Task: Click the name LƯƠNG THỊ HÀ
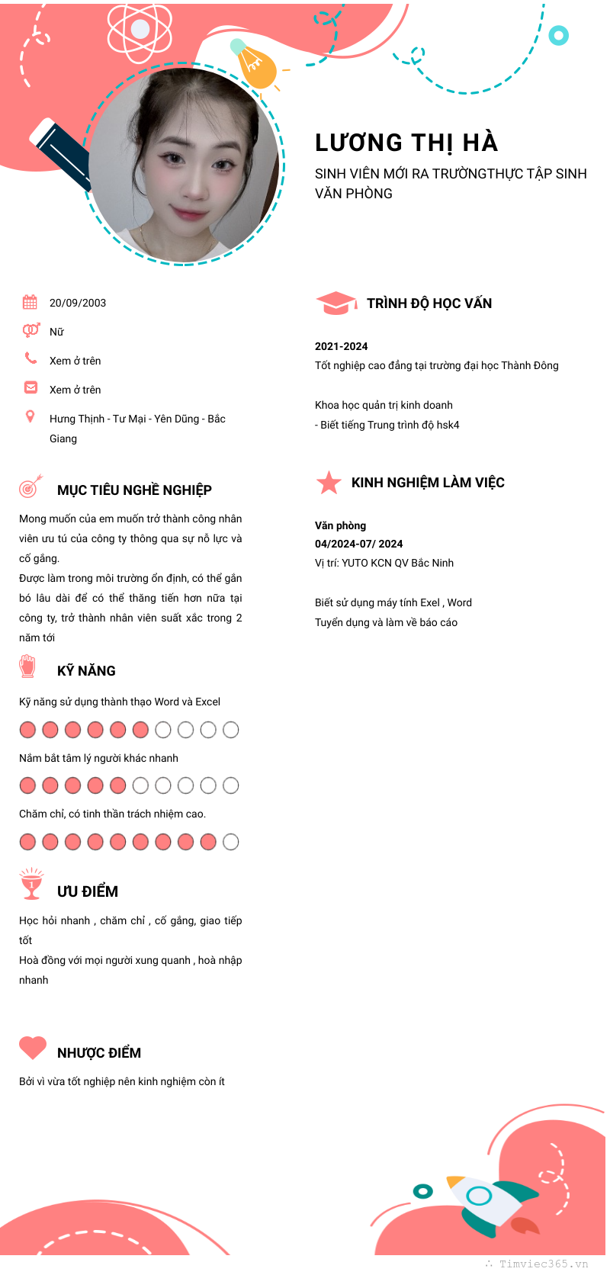406,143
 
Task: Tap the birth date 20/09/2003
78,303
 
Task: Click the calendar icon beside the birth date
30,302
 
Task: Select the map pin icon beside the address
30,416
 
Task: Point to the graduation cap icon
335,303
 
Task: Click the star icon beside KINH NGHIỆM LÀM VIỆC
329,482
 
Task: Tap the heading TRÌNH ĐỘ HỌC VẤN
429,303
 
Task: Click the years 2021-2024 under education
341,346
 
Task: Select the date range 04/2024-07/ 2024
358,544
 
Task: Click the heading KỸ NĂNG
86,671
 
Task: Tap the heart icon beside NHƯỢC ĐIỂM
33,1048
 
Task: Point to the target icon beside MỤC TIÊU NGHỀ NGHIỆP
30,486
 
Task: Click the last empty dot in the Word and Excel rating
230,730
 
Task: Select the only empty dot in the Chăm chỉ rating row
230,842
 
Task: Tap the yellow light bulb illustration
255,64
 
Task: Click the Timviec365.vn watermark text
543,1264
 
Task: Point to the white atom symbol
140,30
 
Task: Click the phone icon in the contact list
30,358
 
